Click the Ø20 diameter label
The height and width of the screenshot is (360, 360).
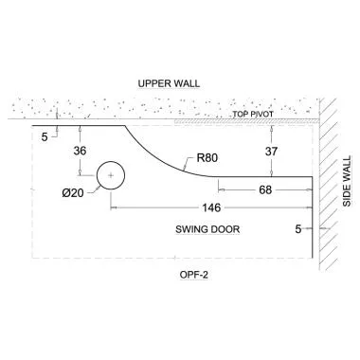[x=73, y=192]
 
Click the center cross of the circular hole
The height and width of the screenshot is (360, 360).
[x=112, y=176]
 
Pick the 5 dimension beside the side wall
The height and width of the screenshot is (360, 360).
[x=300, y=229]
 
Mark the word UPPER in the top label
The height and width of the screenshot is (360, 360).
[x=154, y=82]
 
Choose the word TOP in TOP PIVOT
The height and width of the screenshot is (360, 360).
[x=241, y=115]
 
